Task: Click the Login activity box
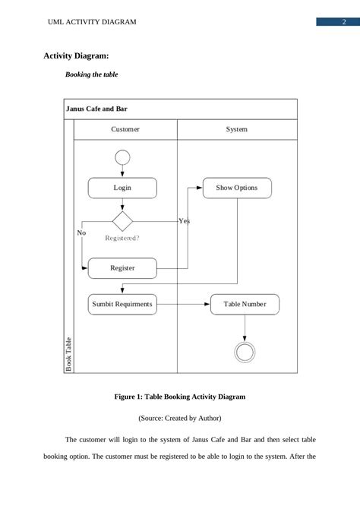(122, 188)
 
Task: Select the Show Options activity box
(236, 188)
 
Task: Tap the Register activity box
(122, 268)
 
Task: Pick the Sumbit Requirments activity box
(122, 305)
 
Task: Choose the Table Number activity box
(245, 305)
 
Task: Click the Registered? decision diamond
(122, 221)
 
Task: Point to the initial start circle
(122, 157)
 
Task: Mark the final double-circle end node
(245, 351)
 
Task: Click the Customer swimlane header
(125, 130)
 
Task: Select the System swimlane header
(236, 130)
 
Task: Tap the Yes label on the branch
(184, 221)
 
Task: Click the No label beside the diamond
(82, 232)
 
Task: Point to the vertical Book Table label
(68, 354)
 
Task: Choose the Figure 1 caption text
(180, 397)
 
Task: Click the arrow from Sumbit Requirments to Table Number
(183, 305)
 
